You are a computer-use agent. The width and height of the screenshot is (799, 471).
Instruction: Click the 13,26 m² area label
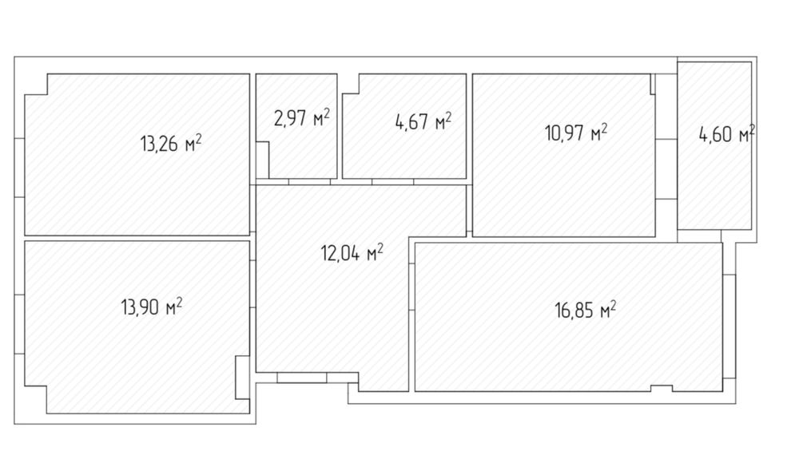[x=171, y=143]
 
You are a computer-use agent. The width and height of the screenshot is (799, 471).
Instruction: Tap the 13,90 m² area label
[x=151, y=307]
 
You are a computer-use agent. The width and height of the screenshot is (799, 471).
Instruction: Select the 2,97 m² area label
[x=302, y=117]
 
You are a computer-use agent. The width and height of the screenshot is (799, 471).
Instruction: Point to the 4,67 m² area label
[x=423, y=121]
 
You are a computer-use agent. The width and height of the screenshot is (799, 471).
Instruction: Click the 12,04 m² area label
[x=352, y=252]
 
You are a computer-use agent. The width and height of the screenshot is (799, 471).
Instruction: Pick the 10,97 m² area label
[x=576, y=133]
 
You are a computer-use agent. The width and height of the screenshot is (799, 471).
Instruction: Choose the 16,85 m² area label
[x=586, y=309]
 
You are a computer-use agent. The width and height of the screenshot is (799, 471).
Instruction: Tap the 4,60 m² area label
[x=726, y=134]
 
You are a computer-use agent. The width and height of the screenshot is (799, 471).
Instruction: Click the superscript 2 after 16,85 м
[x=613, y=304]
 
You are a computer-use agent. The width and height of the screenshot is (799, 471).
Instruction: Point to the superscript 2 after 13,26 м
[x=198, y=138]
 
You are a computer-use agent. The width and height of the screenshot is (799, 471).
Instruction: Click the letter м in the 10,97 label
[x=595, y=136]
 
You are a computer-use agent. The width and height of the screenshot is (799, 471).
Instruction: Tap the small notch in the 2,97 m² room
[x=262, y=160]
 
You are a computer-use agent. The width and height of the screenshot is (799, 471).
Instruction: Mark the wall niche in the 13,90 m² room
[x=243, y=378]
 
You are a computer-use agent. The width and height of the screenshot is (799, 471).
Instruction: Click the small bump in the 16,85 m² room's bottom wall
[x=662, y=389]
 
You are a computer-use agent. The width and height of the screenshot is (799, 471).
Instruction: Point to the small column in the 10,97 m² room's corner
[x=653, y=84]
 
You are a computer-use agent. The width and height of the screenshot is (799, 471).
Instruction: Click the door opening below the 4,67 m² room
[x=392, y=181]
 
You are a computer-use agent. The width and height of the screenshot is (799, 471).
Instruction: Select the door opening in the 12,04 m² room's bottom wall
[x=302, y=378]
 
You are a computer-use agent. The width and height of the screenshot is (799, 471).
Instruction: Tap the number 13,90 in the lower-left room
[x=141, y=307]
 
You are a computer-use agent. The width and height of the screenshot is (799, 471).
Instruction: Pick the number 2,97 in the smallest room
[x=291, y=118]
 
